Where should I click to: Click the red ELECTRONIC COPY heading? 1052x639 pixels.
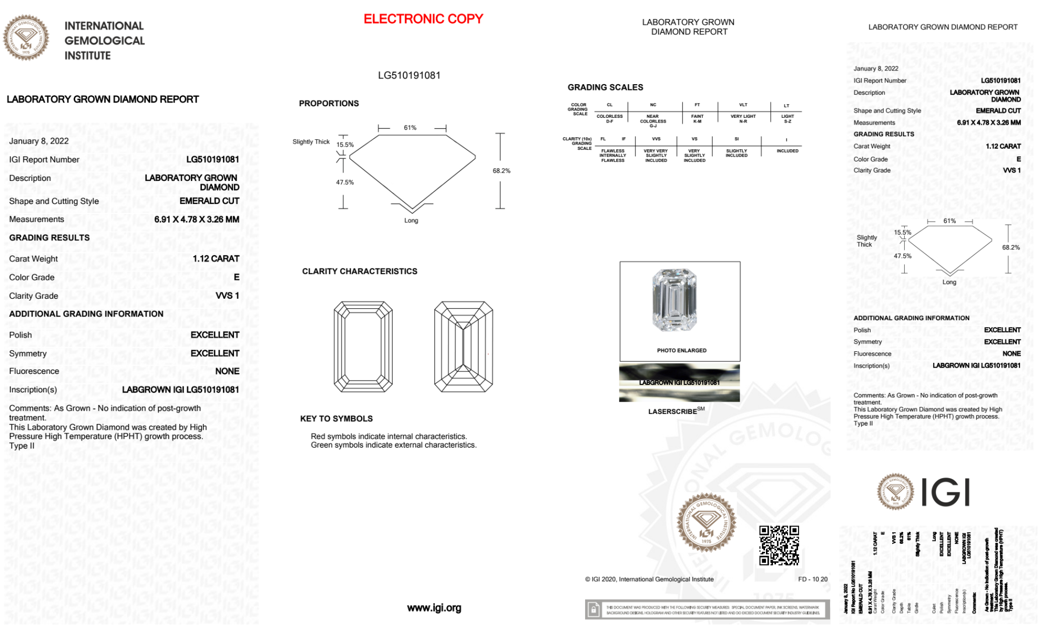423,19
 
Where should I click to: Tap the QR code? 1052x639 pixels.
779,545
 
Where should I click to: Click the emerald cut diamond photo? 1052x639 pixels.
675,300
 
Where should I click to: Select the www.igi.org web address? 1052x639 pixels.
434,608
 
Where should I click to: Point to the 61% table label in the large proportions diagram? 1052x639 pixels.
410,128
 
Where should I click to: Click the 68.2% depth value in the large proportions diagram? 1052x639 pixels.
501,171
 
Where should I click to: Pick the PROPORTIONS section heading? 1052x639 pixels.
329,104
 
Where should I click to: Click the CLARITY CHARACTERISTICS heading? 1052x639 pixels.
360,271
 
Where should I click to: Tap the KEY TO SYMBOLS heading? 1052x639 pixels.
336,419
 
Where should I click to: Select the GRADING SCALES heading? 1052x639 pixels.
605,87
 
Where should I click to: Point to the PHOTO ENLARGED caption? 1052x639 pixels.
681,350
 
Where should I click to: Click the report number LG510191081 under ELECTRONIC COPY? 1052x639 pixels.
409,75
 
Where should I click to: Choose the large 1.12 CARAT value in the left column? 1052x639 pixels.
216,259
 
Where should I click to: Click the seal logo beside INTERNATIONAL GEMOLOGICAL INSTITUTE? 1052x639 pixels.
26,37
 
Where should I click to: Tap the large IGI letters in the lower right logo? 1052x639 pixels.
946,493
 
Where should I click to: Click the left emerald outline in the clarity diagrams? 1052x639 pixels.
363,347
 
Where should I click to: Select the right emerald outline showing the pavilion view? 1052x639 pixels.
463,347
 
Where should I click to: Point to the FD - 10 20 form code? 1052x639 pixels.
812,579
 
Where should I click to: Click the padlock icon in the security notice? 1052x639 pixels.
594,610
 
